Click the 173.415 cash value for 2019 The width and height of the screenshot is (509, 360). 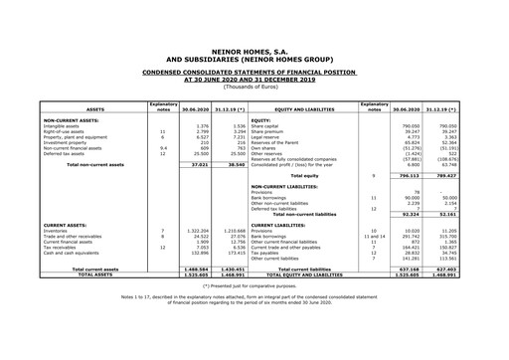(235, 253)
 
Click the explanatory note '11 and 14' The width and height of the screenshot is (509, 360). (372, 236)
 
